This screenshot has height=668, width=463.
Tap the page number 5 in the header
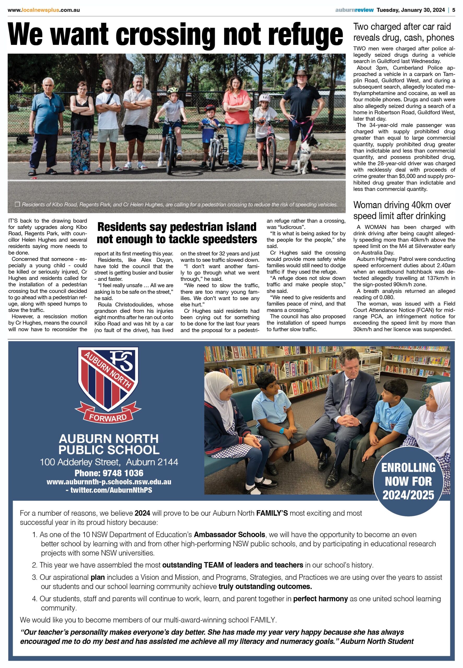click(453, 10)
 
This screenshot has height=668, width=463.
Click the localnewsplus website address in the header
click(44, 10)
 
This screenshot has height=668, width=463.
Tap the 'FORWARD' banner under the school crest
click(108, 417)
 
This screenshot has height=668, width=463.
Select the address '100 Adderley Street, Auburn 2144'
click(109, 462)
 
